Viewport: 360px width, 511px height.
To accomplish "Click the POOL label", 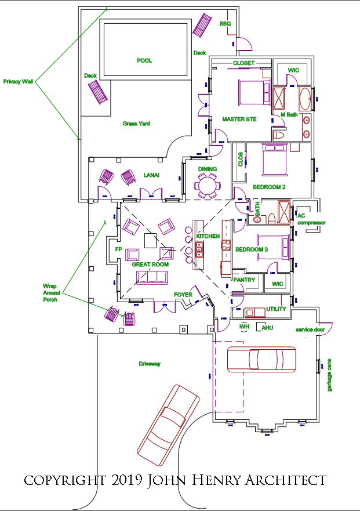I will [x=144, y=60].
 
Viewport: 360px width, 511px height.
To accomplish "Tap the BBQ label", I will [x=225, y=24].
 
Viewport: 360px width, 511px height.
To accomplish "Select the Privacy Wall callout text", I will [x=18, y=82].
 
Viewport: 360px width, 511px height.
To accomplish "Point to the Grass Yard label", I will [x=136, y=124].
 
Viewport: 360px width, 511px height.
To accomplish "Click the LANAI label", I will [x=151, y=175].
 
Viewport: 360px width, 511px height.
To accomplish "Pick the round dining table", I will [x=208, y=187].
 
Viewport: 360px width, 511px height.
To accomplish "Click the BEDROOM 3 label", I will [x=252, y=249].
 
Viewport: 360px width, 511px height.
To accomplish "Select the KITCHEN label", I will [x=208, y=237].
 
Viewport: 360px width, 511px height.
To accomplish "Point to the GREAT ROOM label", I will [x=150, y=264].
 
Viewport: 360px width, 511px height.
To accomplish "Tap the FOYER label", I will [x=183, y=295].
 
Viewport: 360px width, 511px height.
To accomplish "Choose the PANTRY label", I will [x=244, y=280].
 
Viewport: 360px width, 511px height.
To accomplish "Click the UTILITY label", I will [x=276, y=309].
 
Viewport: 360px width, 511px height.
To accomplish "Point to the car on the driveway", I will [x=168, y=420].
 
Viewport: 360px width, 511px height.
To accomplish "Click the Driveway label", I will [x=149, y=364].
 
